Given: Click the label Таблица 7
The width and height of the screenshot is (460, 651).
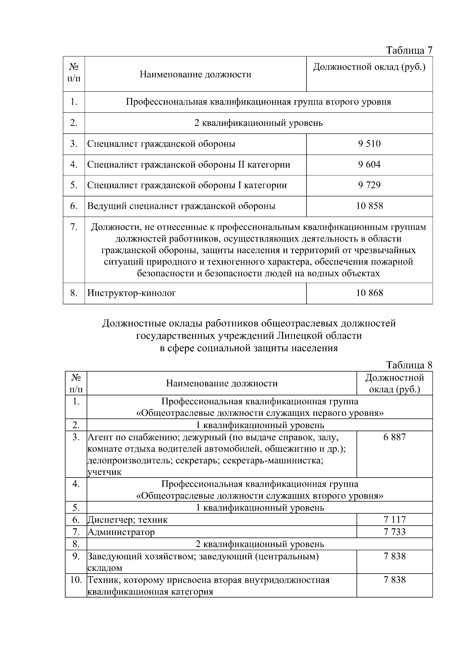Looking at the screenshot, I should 409,50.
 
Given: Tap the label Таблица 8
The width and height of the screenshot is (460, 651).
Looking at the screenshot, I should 409,365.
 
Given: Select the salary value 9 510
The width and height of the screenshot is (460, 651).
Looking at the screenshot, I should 369,144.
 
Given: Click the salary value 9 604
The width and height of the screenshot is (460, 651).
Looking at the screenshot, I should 369,165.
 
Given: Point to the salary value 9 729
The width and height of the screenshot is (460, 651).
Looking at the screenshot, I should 369,185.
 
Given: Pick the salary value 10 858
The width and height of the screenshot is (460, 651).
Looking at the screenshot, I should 369,206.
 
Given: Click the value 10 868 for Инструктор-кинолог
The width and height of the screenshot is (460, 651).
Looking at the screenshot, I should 369,293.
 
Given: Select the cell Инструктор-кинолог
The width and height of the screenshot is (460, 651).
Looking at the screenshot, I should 131,293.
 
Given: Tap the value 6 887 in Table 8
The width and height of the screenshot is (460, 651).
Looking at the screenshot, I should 394,437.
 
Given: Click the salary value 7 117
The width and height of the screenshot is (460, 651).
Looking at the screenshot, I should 394,520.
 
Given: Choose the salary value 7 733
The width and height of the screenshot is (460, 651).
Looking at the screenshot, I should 394,532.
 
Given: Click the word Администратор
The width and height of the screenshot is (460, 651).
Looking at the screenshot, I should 121,532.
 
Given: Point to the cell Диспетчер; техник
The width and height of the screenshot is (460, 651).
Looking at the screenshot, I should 127,520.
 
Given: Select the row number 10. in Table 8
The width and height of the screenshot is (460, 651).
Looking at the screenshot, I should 76,580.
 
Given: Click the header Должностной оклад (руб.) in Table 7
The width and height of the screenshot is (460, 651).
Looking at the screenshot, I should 369,68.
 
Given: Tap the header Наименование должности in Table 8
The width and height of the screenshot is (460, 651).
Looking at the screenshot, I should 222,383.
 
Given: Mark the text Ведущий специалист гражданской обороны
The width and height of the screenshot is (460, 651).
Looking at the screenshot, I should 181,206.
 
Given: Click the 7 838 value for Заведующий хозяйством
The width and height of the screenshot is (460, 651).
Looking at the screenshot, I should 394,556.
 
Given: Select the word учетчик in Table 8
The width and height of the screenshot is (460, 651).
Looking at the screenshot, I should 105,472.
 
